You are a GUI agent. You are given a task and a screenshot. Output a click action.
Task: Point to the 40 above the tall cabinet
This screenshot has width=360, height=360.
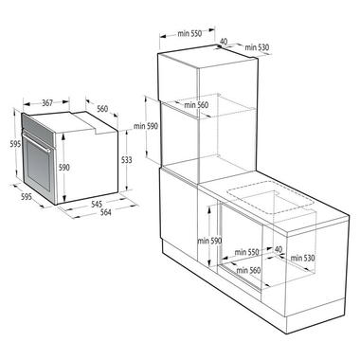click(223, 41)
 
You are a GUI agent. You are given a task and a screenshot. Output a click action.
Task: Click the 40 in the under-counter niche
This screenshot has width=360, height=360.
click(277, 249)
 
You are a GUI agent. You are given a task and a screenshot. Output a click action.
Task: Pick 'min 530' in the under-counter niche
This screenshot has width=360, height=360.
click(301, 258)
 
